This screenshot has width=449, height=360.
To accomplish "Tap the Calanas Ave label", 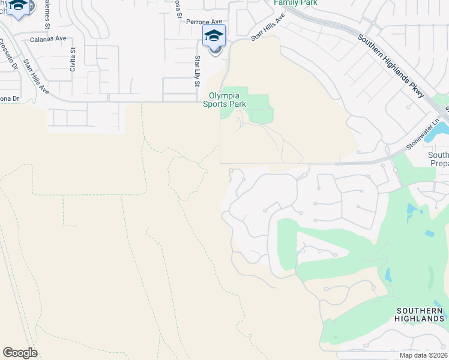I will coord(48,39).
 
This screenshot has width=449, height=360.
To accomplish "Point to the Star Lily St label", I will coord(196,71).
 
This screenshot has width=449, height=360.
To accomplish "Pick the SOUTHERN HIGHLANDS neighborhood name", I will coord(420,314).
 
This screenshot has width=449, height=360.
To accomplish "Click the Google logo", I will coord(20,352).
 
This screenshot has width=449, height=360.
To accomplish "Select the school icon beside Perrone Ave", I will coord(214,36).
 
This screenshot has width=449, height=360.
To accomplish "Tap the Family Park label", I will coord(295,2).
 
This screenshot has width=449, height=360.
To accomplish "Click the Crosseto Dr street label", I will coord(8,54).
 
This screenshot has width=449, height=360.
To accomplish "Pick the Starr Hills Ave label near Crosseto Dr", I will coord(35,75).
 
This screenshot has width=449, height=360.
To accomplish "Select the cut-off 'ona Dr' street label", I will coord(9,98).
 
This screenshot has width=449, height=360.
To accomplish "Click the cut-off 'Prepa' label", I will coord(439,163).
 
